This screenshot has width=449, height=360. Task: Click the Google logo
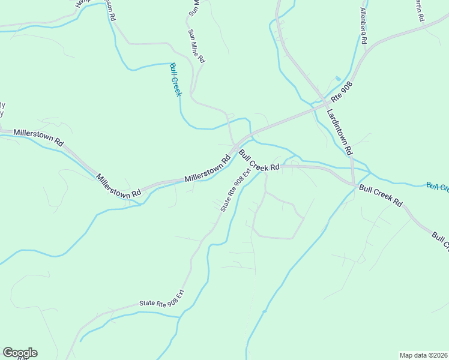[x=20, y=353]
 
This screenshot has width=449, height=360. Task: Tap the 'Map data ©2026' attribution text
[x=423, y=355]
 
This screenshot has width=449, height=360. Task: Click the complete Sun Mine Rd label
[x=196, y=47]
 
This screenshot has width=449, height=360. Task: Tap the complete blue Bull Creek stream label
[x=175, y=79]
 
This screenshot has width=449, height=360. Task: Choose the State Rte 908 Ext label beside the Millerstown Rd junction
[x=234, y=191]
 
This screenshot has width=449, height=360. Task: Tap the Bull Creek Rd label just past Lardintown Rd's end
[x=381, y=195]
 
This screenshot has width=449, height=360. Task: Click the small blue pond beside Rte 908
[x=338, y=79]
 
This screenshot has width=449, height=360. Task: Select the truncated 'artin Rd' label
[x=418, y=11]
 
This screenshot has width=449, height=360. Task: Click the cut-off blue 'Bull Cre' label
[x=437, y=187]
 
